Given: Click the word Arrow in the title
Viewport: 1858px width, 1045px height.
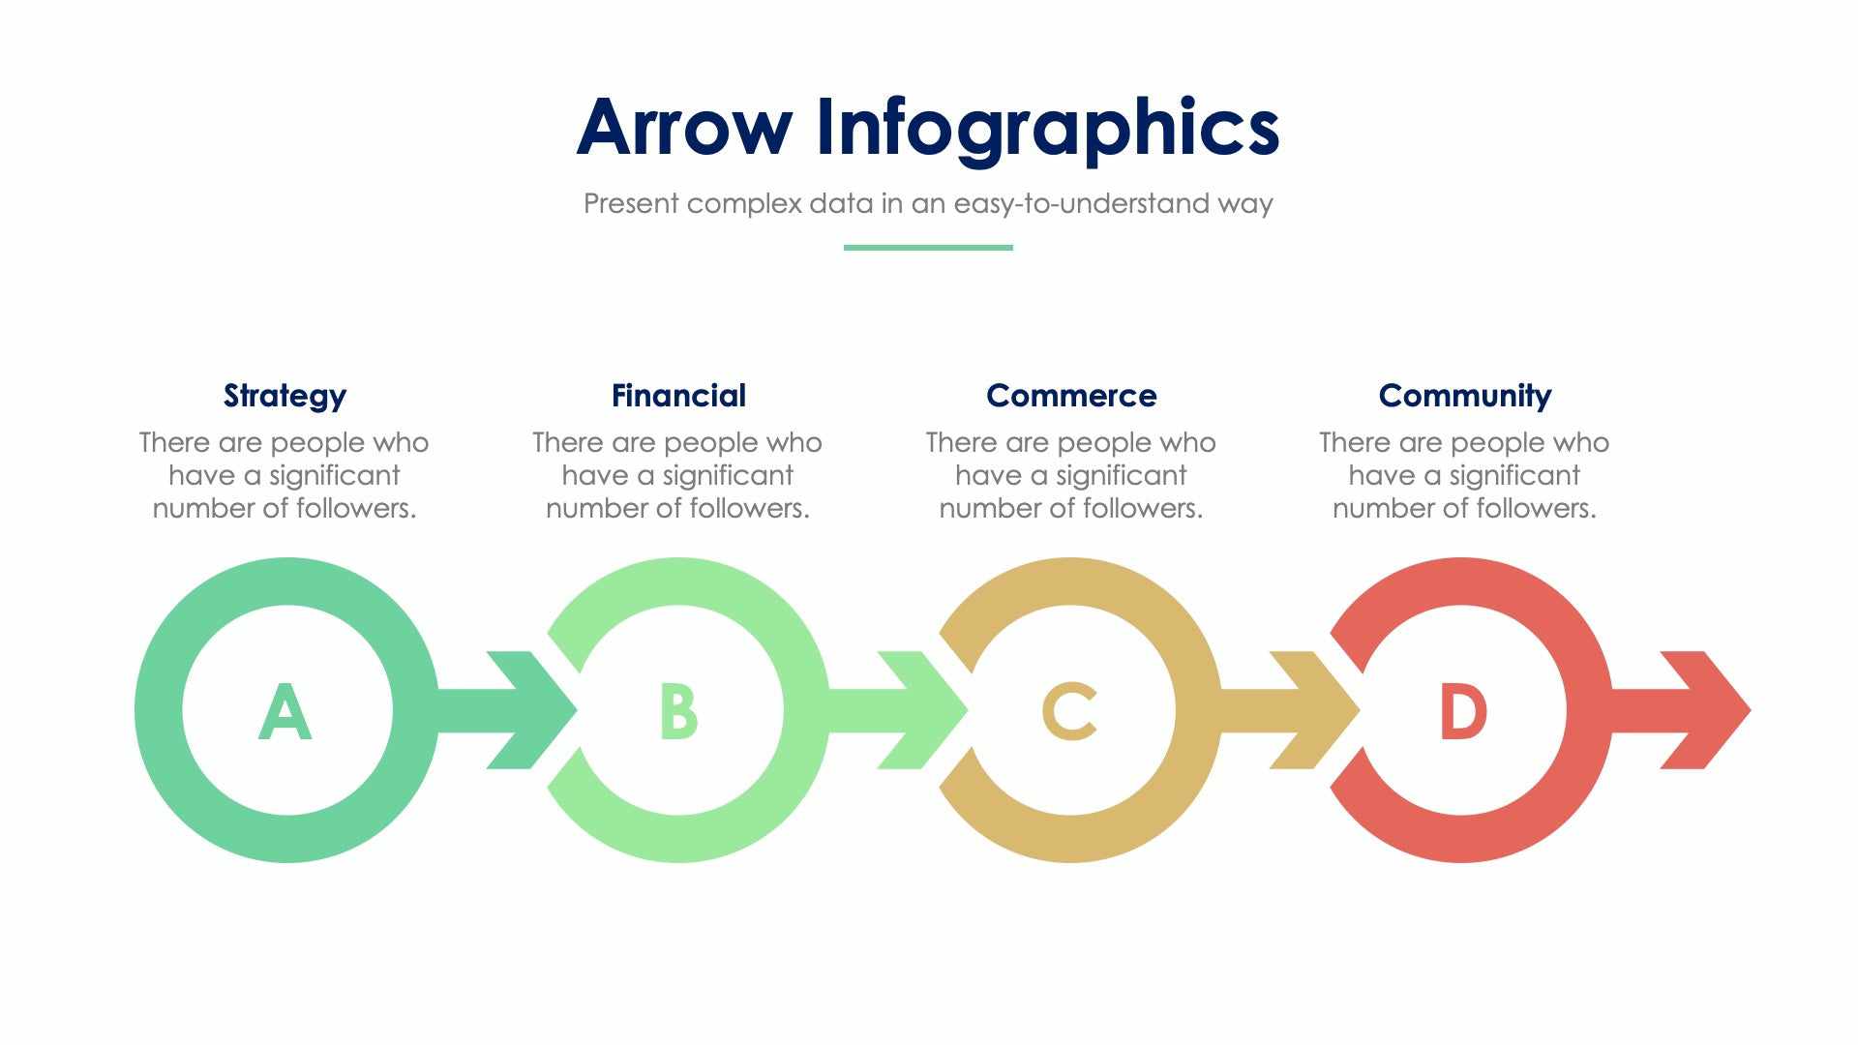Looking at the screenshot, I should [x=683, y=128].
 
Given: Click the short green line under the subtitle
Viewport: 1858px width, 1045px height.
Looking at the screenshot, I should [x=927, y=248].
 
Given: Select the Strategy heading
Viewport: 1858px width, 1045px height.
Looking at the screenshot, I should [x=285, y=396].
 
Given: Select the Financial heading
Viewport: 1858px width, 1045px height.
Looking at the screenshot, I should [x=678, y=396].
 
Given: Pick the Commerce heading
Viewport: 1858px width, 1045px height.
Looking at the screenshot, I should [x=1070, y=396].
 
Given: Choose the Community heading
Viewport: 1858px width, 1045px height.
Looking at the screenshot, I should [x=1464, y=396].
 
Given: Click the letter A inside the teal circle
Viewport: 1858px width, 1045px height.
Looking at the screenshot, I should [x=285, y=712].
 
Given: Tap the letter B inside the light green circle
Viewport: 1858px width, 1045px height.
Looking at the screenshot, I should [x=677, y=712].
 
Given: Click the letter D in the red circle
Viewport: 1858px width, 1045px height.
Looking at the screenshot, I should [x=1462, y=712].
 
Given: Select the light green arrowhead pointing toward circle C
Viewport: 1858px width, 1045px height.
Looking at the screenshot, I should [x=925, y=710].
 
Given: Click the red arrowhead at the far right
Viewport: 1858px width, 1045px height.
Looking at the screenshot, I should [x=1709, y=710].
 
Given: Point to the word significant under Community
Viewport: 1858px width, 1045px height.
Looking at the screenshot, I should [x=1513, y=476].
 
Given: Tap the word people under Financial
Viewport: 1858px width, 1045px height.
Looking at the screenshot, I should [x=704, y=443].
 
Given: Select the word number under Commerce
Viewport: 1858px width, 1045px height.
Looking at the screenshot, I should [x=983, y=508].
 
